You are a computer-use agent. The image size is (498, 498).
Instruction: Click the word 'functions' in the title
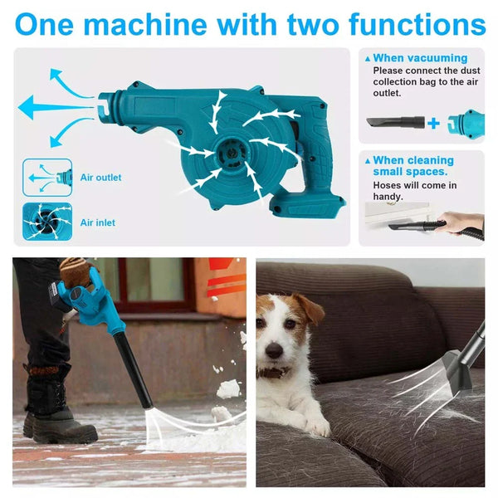click(x=417, y=24)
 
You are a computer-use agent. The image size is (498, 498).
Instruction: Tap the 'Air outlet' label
click(x=100, y=178)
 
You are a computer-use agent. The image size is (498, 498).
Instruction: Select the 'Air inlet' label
click(x=97, y=222)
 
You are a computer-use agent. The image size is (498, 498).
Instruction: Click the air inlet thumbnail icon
click(x=47, y=222)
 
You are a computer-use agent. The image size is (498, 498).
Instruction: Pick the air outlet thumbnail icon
click(x=47, y=178)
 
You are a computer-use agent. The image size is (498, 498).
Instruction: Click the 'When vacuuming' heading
click(x=420, y=58)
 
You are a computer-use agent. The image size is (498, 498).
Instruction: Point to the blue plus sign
click(x=433, y=123)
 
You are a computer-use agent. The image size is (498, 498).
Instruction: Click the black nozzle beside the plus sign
click(x=395, y=122)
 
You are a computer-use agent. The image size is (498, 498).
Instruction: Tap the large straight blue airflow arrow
click(x=56, y=107)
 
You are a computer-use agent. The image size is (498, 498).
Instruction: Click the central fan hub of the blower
click(x=232, y=154)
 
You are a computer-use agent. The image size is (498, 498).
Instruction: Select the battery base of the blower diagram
click(x=307, y=205)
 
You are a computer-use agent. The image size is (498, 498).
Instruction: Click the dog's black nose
click(x=274, y=350)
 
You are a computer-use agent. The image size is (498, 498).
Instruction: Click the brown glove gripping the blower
click(x=74, y=271)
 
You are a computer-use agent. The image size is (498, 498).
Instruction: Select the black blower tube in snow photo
click(x=133, y=369)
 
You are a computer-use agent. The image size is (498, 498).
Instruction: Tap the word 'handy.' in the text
click(x=388, y=197)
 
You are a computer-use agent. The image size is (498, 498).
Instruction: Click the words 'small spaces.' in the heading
click(x=410, y=172)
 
